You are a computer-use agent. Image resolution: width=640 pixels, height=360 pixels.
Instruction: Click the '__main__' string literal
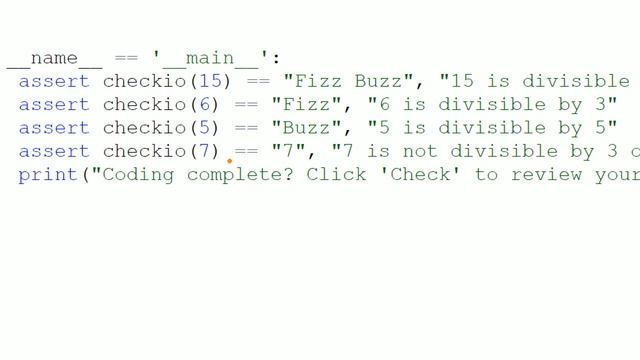click(211, 58)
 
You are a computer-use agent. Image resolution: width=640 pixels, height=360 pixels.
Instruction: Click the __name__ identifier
click(54, 59)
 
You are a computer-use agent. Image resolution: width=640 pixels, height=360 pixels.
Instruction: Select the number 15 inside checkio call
click(211, 81)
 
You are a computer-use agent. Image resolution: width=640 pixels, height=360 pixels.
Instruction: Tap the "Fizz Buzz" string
click(348, 81)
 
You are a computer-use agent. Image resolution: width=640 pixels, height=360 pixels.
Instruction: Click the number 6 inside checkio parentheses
click(205, 104)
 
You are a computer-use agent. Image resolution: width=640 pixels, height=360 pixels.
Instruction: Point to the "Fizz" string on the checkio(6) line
click(306, 104)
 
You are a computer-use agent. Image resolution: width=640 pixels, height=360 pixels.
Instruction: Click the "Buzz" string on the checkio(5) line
click(306, 128)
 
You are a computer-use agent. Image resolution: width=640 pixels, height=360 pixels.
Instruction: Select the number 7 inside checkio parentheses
click(205, 151)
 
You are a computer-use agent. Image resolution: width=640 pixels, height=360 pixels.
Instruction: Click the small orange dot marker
click(229, 161)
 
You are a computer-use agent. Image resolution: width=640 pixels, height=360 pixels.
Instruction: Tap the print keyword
click(48, 175)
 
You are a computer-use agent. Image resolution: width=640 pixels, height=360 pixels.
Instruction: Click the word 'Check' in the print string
click(420, 174)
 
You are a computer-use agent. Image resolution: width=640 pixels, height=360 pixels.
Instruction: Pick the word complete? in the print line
click(240, 175)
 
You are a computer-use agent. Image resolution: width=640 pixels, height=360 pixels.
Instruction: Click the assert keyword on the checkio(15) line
click(54, 82)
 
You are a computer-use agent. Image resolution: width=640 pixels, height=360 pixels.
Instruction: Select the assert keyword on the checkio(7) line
click(54, 152)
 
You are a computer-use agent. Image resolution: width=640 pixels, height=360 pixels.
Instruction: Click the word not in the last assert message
click(420, 152)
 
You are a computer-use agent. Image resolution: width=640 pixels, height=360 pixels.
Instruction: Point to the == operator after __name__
click(127, 58)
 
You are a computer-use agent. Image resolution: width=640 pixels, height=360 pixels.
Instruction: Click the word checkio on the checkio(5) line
click(144, 128)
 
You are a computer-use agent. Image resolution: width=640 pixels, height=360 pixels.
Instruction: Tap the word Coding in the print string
click(138, 175)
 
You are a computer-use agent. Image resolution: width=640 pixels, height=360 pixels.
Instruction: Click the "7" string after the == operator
click(289, 151)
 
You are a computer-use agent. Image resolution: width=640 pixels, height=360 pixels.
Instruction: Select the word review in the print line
click(547, 175)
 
